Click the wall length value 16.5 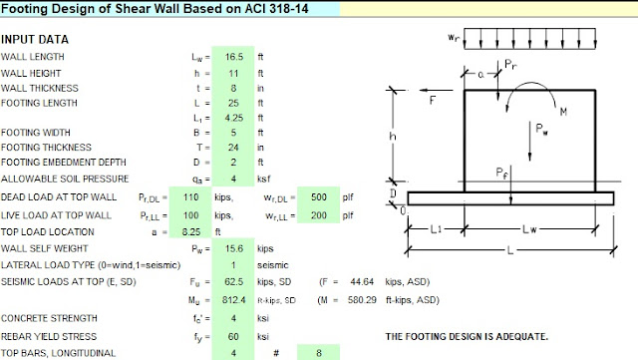234,57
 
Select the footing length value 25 233,103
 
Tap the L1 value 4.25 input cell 234,118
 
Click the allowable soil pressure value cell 233,179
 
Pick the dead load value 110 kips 190,197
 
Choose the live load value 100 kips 190,215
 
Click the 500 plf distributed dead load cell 319,197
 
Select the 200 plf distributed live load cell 319,215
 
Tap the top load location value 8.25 191,232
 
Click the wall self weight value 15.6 234,249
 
